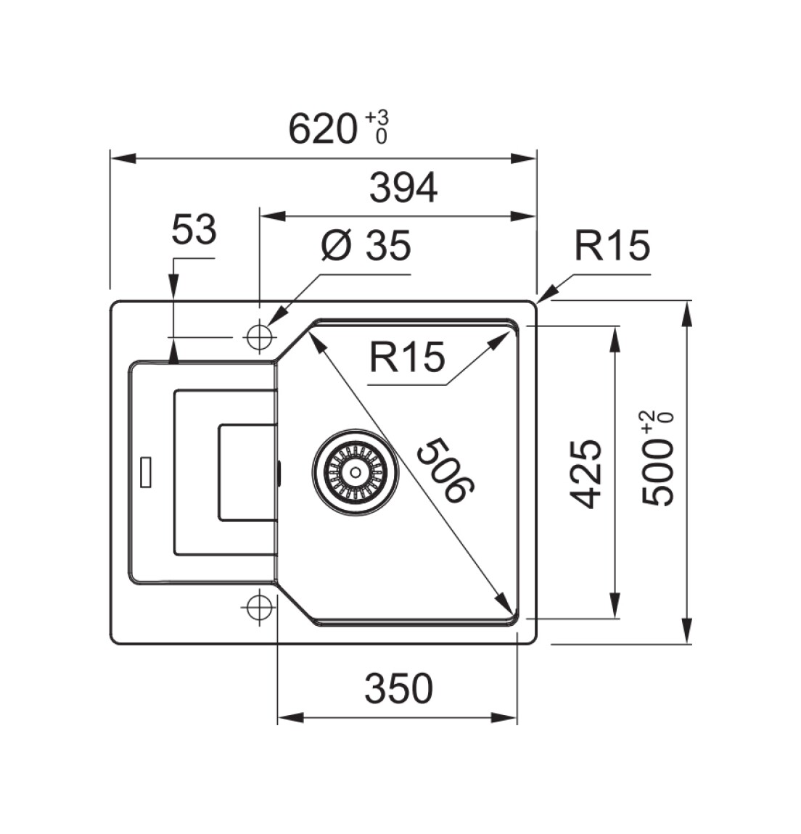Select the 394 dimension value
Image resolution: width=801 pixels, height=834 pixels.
[x=403, y=189]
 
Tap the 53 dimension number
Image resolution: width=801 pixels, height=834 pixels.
[x=194, y=231]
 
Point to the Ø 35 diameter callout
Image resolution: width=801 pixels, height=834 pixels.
[x=366, y=246]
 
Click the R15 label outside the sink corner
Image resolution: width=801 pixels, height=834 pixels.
[x=612, y=246]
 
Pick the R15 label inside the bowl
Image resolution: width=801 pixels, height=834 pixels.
[x=406, y=357]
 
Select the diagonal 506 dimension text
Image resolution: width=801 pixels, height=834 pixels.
[x=445, y=470]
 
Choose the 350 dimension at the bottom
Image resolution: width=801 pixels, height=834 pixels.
[x=398, y=689]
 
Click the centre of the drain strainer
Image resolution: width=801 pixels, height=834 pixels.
[x=355, y=471]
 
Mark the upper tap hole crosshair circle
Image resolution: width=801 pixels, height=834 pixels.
[x=258, y=337]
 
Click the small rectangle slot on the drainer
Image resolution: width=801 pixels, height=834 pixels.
[x=146, y=473]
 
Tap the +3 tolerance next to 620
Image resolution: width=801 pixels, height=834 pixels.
[x=377, y=117]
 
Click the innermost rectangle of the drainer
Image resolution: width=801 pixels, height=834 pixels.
[x=247, y=472]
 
